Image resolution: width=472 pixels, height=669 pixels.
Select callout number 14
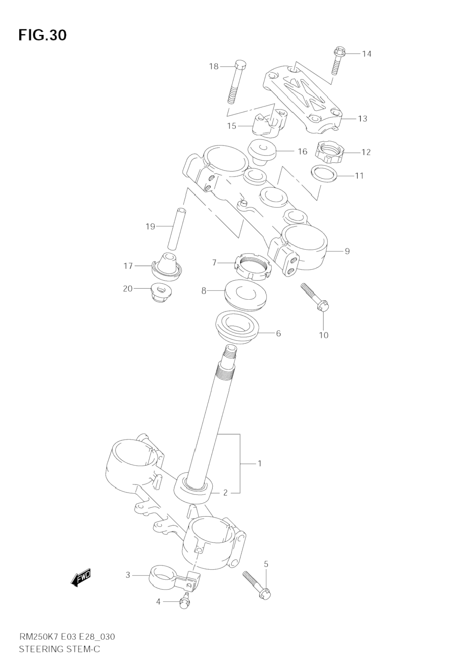(366, 54)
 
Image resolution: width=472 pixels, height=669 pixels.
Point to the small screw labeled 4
(184, 601)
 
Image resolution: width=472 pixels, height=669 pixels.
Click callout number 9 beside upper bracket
(347, 251)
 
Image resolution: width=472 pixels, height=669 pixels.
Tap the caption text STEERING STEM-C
(59, 649)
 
